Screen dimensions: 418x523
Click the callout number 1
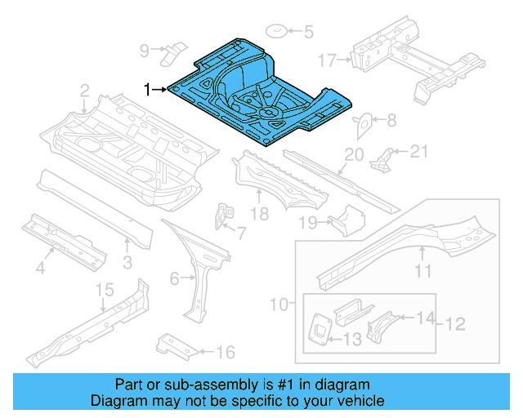coord(148,89)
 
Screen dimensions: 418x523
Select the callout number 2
coord(84,89)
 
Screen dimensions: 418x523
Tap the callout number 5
coord(308,33)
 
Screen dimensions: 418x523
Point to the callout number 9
coord(145,51)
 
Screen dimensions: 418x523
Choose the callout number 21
coord(419,150)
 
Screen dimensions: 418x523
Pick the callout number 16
coord(226,353)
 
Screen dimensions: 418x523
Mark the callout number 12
coord(454,325)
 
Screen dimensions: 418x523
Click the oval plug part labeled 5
coord(277,32)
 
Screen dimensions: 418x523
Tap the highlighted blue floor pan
coord(261,90)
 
